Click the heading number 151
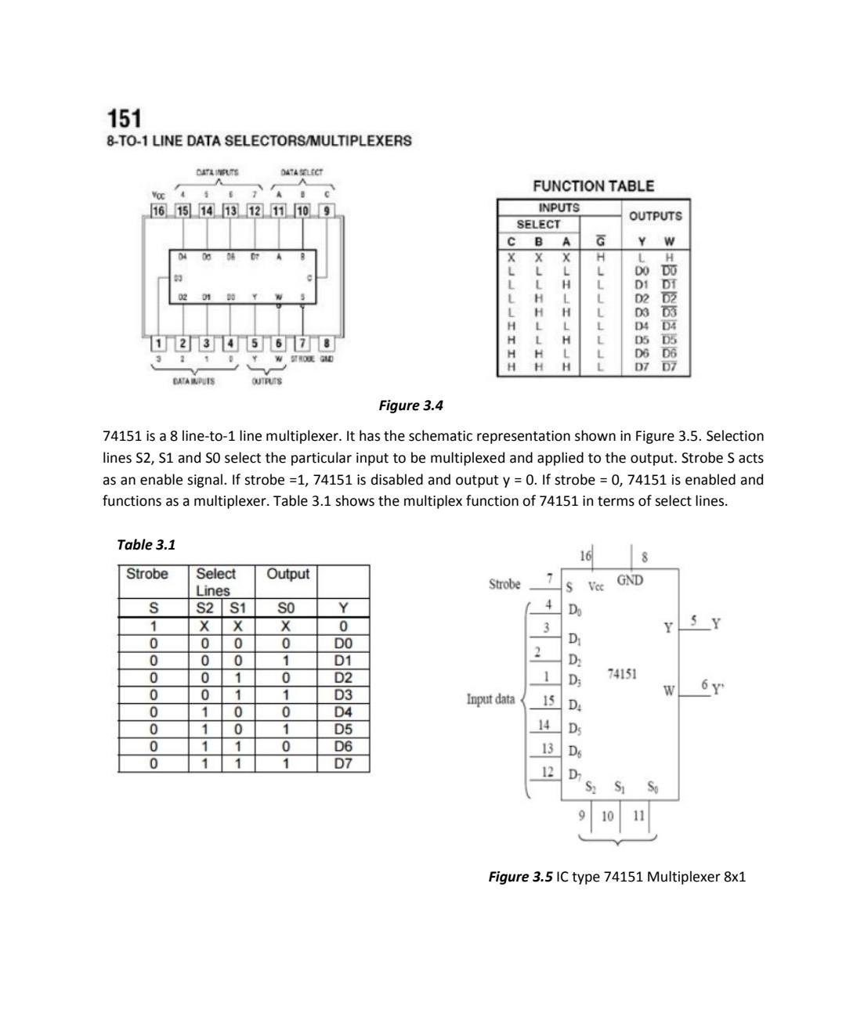(x=124, y=119)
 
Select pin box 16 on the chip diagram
(x=159, y=211)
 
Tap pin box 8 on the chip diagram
(x=327, y=343)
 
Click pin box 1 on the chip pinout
(x=159, y=343)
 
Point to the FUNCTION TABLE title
(x=593, y=186)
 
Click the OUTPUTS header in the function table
(x=655, y=215)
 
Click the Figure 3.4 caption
(x=410, y=405)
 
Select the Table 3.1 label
(x=146, y=544)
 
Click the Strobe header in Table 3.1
(x=147, y=574)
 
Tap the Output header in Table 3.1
(x=287, y=574)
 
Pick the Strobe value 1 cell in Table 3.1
(x=154, y=626)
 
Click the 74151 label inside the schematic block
(x=621, y=673)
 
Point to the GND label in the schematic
(x=630, y=580)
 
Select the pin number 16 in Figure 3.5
(x=584, y=556)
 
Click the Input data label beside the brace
(x=490, y=698)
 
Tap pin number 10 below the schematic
(x=607, y=816)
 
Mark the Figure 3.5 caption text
(x=616, y=876)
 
